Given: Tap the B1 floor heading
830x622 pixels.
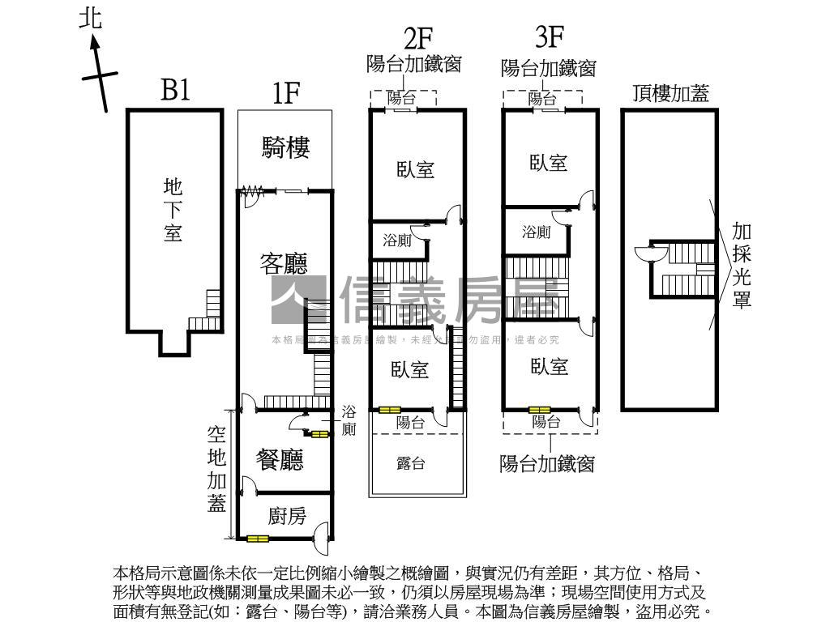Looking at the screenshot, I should (x=175, y=90).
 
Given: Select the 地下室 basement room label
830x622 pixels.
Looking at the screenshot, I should (x=173, y=211).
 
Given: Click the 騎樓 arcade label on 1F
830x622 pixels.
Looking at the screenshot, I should (x=286, y=147).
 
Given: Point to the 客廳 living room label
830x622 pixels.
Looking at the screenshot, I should (x=284, y=262).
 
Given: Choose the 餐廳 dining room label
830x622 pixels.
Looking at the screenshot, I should (x=280, y=460).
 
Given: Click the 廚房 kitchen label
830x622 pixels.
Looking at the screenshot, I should (x=287, y=515).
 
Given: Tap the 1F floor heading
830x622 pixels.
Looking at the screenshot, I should (x=286, y=94).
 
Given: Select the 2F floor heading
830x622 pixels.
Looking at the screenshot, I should (x=418, y=37).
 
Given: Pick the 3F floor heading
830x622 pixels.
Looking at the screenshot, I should (x=550, y=37).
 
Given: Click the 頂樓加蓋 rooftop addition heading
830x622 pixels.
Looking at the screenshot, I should (x=671, y=93).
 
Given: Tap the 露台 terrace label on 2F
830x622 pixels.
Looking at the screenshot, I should (x=411, y=463).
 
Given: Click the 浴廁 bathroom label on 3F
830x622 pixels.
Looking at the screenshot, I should (x=536, y=232).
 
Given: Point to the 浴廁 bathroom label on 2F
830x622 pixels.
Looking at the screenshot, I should (x=397, y=241).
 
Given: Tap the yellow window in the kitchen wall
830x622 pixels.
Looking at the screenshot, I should (x=259, y=538).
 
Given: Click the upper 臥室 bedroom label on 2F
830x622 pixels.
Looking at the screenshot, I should (x=416, y=169).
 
